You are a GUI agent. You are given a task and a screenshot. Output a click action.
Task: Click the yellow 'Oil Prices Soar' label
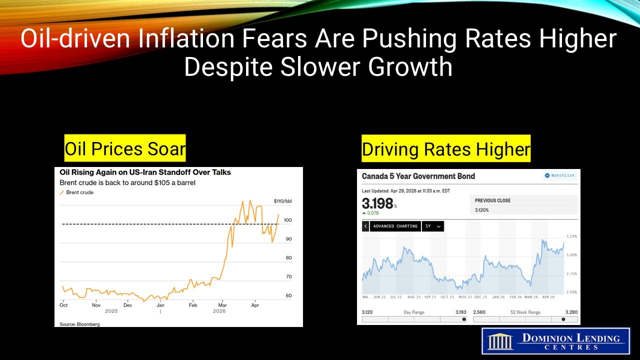click(125, 148)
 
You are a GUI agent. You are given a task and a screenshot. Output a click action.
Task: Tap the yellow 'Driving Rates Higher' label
click(446, 148)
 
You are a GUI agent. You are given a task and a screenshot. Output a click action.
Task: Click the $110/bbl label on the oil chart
click(282, 201)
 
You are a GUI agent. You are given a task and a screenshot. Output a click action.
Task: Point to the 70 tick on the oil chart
click(288, 276)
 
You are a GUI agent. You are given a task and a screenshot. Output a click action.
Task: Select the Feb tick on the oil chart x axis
click(192, 304)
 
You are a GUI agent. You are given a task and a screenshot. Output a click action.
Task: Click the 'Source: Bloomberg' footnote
click(79, 324)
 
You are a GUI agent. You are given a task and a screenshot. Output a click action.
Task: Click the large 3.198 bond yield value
click(377, 203)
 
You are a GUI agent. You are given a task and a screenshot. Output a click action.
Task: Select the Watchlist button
click(560, 175)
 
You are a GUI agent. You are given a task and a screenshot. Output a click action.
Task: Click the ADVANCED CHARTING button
click(395, 226)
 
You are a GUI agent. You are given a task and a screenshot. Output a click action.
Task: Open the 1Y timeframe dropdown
click(433, 226)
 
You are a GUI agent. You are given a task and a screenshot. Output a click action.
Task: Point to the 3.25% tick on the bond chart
click(571, 236)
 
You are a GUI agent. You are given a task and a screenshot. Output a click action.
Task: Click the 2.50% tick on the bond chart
click(571, 292)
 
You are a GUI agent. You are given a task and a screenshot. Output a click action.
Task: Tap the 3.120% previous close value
click(482, 210)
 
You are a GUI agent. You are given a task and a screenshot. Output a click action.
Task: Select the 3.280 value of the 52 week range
click(571, 312)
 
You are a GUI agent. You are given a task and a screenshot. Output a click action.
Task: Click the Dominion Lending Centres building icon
click(500, 341)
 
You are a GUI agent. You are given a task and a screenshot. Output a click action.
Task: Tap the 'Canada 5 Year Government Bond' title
click(418, 176)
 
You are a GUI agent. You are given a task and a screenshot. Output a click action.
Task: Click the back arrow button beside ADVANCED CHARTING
click(365, 226)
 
